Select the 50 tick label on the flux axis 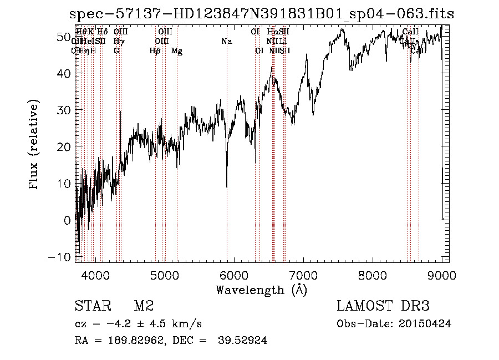(63, 37)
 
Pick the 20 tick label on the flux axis (63, 147)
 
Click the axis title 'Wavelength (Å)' (261, 290)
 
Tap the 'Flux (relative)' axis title (34, 145)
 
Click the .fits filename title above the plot (261, 14)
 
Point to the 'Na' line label (226, 41)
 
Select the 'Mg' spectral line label (177, 51)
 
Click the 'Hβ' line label (155, 51)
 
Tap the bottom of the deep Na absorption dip (227, 186)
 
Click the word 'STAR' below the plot (93, 307)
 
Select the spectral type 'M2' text (144, 307)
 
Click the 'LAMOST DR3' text (383, 307)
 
